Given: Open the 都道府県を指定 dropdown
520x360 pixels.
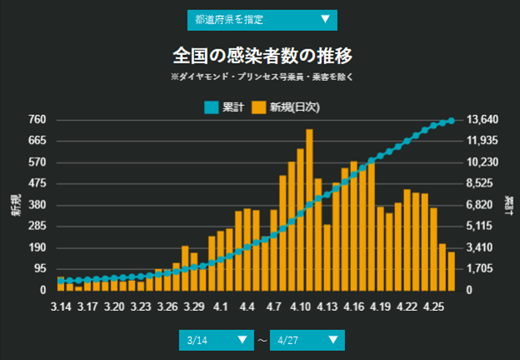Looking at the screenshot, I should (262, 19).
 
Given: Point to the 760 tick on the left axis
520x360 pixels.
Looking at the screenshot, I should (37, 119).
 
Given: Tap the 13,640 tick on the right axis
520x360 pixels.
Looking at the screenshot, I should (482, 119).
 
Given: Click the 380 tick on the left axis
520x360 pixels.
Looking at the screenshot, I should (37, 205).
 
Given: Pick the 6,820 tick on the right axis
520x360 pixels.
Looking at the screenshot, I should (481, 205).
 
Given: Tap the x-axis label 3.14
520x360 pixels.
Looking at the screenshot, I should (60, 307).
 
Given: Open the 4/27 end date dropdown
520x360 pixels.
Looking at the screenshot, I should (307, 340).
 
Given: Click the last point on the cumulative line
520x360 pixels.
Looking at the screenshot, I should (452, 121).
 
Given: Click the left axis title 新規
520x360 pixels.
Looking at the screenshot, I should (16, 205).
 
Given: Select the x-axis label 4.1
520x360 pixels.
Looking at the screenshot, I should (220, 307).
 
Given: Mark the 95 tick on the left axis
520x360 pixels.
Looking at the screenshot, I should (39, 269).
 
